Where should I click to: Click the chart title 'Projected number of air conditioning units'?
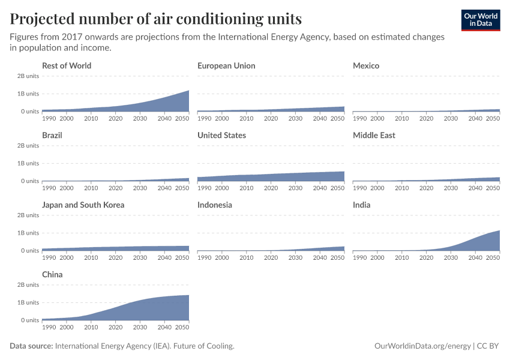155,19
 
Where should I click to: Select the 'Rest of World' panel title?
67,65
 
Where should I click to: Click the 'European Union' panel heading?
226,65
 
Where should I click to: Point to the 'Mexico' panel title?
366,65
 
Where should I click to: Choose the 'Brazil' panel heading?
52,135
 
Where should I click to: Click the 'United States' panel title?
221,135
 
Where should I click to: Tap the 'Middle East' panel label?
374,135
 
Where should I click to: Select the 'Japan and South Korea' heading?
83,205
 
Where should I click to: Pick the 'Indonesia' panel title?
215,205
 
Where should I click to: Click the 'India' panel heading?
362,205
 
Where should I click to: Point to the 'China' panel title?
52,274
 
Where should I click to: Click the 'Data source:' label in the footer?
31,346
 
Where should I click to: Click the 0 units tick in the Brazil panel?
30,181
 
